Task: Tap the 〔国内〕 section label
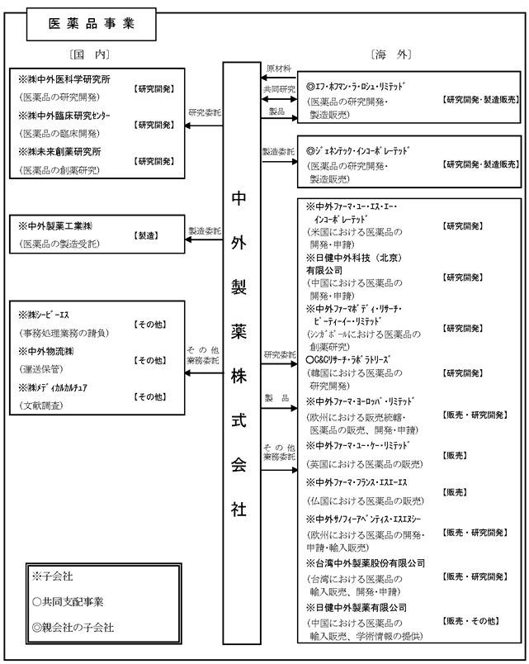(x=91, y=55)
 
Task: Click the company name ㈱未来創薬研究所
(x=64, y=152)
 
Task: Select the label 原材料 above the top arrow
(x=275, y=68)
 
